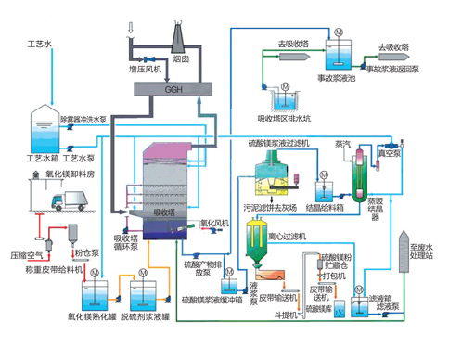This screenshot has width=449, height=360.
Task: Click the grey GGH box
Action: tap(173, 88)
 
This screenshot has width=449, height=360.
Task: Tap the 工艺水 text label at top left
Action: tap(41, 43)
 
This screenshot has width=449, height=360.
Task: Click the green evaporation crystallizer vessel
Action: tap(354, 174)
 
